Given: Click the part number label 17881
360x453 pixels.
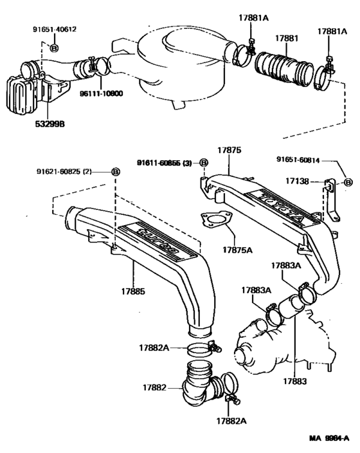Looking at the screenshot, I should click(288, 39).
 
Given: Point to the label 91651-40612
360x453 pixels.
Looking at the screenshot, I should click(55, 29).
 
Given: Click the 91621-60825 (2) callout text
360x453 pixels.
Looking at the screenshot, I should click(67, 171).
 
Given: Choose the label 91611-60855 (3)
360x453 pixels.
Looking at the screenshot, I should click(166, 163).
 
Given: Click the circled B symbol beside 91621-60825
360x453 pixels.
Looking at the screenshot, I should click(115, 171).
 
